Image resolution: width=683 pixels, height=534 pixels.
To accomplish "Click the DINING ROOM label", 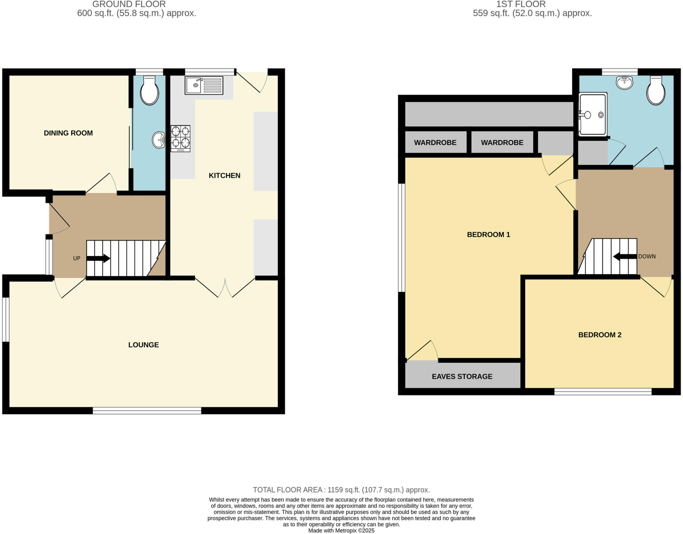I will point(68,133).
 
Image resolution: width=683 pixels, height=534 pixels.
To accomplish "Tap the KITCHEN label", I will point(224,175).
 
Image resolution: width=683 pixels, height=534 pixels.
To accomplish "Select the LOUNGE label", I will point(143,345).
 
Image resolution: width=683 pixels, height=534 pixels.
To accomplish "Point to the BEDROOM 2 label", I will point(600,335).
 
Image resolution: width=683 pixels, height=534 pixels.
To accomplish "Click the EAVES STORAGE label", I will point(462,376).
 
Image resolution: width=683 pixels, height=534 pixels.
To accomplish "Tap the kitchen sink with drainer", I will point(204,85).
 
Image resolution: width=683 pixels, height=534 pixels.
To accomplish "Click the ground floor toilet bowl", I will point(149,91).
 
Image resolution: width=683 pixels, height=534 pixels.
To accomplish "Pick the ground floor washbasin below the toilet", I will point(159,140).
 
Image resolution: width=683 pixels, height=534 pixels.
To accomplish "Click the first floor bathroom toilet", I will point(656,90).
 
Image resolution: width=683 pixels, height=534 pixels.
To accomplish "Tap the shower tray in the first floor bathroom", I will point(593,114).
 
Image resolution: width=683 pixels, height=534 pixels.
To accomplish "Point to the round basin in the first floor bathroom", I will point(624,82).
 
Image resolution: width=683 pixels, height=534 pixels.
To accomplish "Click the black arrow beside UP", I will point(99,258).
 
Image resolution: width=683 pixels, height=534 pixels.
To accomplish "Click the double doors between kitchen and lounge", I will point(225,287).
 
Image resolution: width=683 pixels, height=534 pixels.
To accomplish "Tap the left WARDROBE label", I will point(435,143).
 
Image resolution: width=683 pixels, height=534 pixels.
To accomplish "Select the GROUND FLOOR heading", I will point(129,4).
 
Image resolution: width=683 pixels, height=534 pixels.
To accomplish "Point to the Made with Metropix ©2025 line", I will point(341,530).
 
